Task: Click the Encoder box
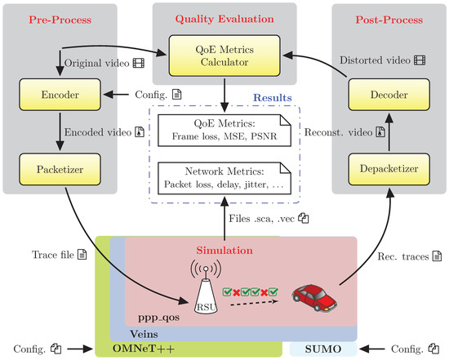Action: (x=60, y=95)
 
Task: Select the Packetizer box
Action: (x=60, y=169)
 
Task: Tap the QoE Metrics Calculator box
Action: (x=224, y=56)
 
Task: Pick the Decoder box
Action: (x=389, y=95)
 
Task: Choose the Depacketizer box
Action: (x=389, y=169)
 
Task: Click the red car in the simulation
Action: (x=314, y=298)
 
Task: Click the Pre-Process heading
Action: (x=60, y=20)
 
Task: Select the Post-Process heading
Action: (x=389, y=20)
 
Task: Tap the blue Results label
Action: (x=273, y=98)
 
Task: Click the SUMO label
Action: (x=323, y=349)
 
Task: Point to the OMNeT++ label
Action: (x=144, y=349)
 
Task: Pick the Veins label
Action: (x=144, y=334)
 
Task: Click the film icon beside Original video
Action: (x=139, y=63)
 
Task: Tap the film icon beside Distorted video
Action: (x=420, y=60)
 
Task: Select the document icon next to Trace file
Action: (x=82, y=255)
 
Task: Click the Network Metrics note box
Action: (x=224, y=179)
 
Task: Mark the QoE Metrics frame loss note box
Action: (x=224, y=131)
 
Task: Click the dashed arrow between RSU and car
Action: (x=254, y=303)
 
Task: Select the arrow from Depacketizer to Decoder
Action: (x=389, y=131)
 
